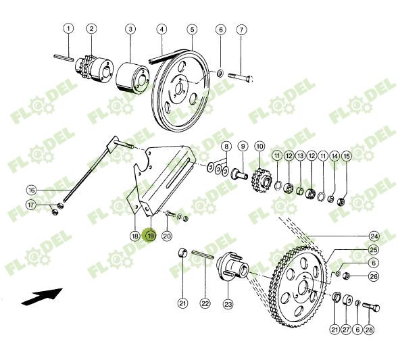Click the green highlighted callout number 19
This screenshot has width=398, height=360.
click(x=151, y=236)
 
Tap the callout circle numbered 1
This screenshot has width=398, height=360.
click(x=68, y=28)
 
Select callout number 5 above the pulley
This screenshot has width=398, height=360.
click(x=192, y=29)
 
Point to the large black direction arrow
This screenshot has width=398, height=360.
click(x=42, y=295)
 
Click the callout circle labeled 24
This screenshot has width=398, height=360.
click(x=374, y=236)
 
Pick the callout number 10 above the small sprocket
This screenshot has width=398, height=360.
click(x=259, y=146)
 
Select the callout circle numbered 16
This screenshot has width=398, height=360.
click(x=31, y=190)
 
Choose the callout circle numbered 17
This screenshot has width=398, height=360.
click(x=31, y=205)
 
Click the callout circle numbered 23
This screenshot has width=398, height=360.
click(x=228, y=304)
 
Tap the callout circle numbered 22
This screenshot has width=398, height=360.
click(x=205, y=304)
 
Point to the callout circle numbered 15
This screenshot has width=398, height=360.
click(x=347, y=156)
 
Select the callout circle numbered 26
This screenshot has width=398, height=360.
click(x=374, y=276)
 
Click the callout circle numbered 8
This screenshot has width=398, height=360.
click(x=226, y=146)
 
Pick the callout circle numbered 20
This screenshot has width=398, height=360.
click(x=167, y=236)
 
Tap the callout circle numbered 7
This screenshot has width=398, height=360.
click(x=241, y=30)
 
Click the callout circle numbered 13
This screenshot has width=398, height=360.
click(x=301, y=156)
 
